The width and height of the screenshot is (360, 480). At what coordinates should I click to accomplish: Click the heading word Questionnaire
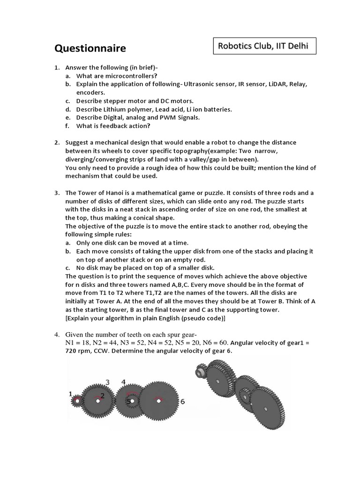click(x=90, y=49)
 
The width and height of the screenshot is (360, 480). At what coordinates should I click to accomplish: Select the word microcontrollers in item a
click(x=133, y=76)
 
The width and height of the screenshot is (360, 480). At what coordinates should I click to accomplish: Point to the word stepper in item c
click(x=112, y=101)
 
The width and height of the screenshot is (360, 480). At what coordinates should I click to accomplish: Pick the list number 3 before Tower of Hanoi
click(x=57, y=193)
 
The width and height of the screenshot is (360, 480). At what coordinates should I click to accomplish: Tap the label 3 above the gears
click(x=107, y=382)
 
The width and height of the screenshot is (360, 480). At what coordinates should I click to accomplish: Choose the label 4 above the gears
click(x=124, y=382)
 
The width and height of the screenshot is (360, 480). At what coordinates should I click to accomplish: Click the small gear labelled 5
click(x=131, y=401)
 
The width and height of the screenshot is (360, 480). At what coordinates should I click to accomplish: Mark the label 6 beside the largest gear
click(x=182, y=402)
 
